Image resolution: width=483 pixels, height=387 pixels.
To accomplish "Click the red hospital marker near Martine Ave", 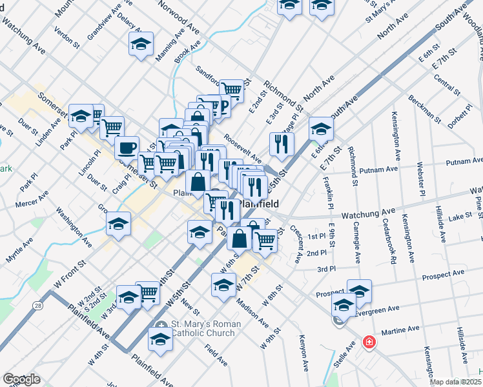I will coord(369,342).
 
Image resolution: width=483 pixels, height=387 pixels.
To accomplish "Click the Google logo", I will coord(21,379).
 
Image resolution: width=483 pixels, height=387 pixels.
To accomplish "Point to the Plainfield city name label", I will coord(258,204).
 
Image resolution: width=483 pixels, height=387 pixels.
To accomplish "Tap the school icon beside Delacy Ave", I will coord(141,44).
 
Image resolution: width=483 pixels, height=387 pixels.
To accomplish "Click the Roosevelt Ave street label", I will coord(243,148).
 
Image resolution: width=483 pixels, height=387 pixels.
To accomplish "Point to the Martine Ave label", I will coord(402,330).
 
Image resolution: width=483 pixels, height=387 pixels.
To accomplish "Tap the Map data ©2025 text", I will coord(455,382).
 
